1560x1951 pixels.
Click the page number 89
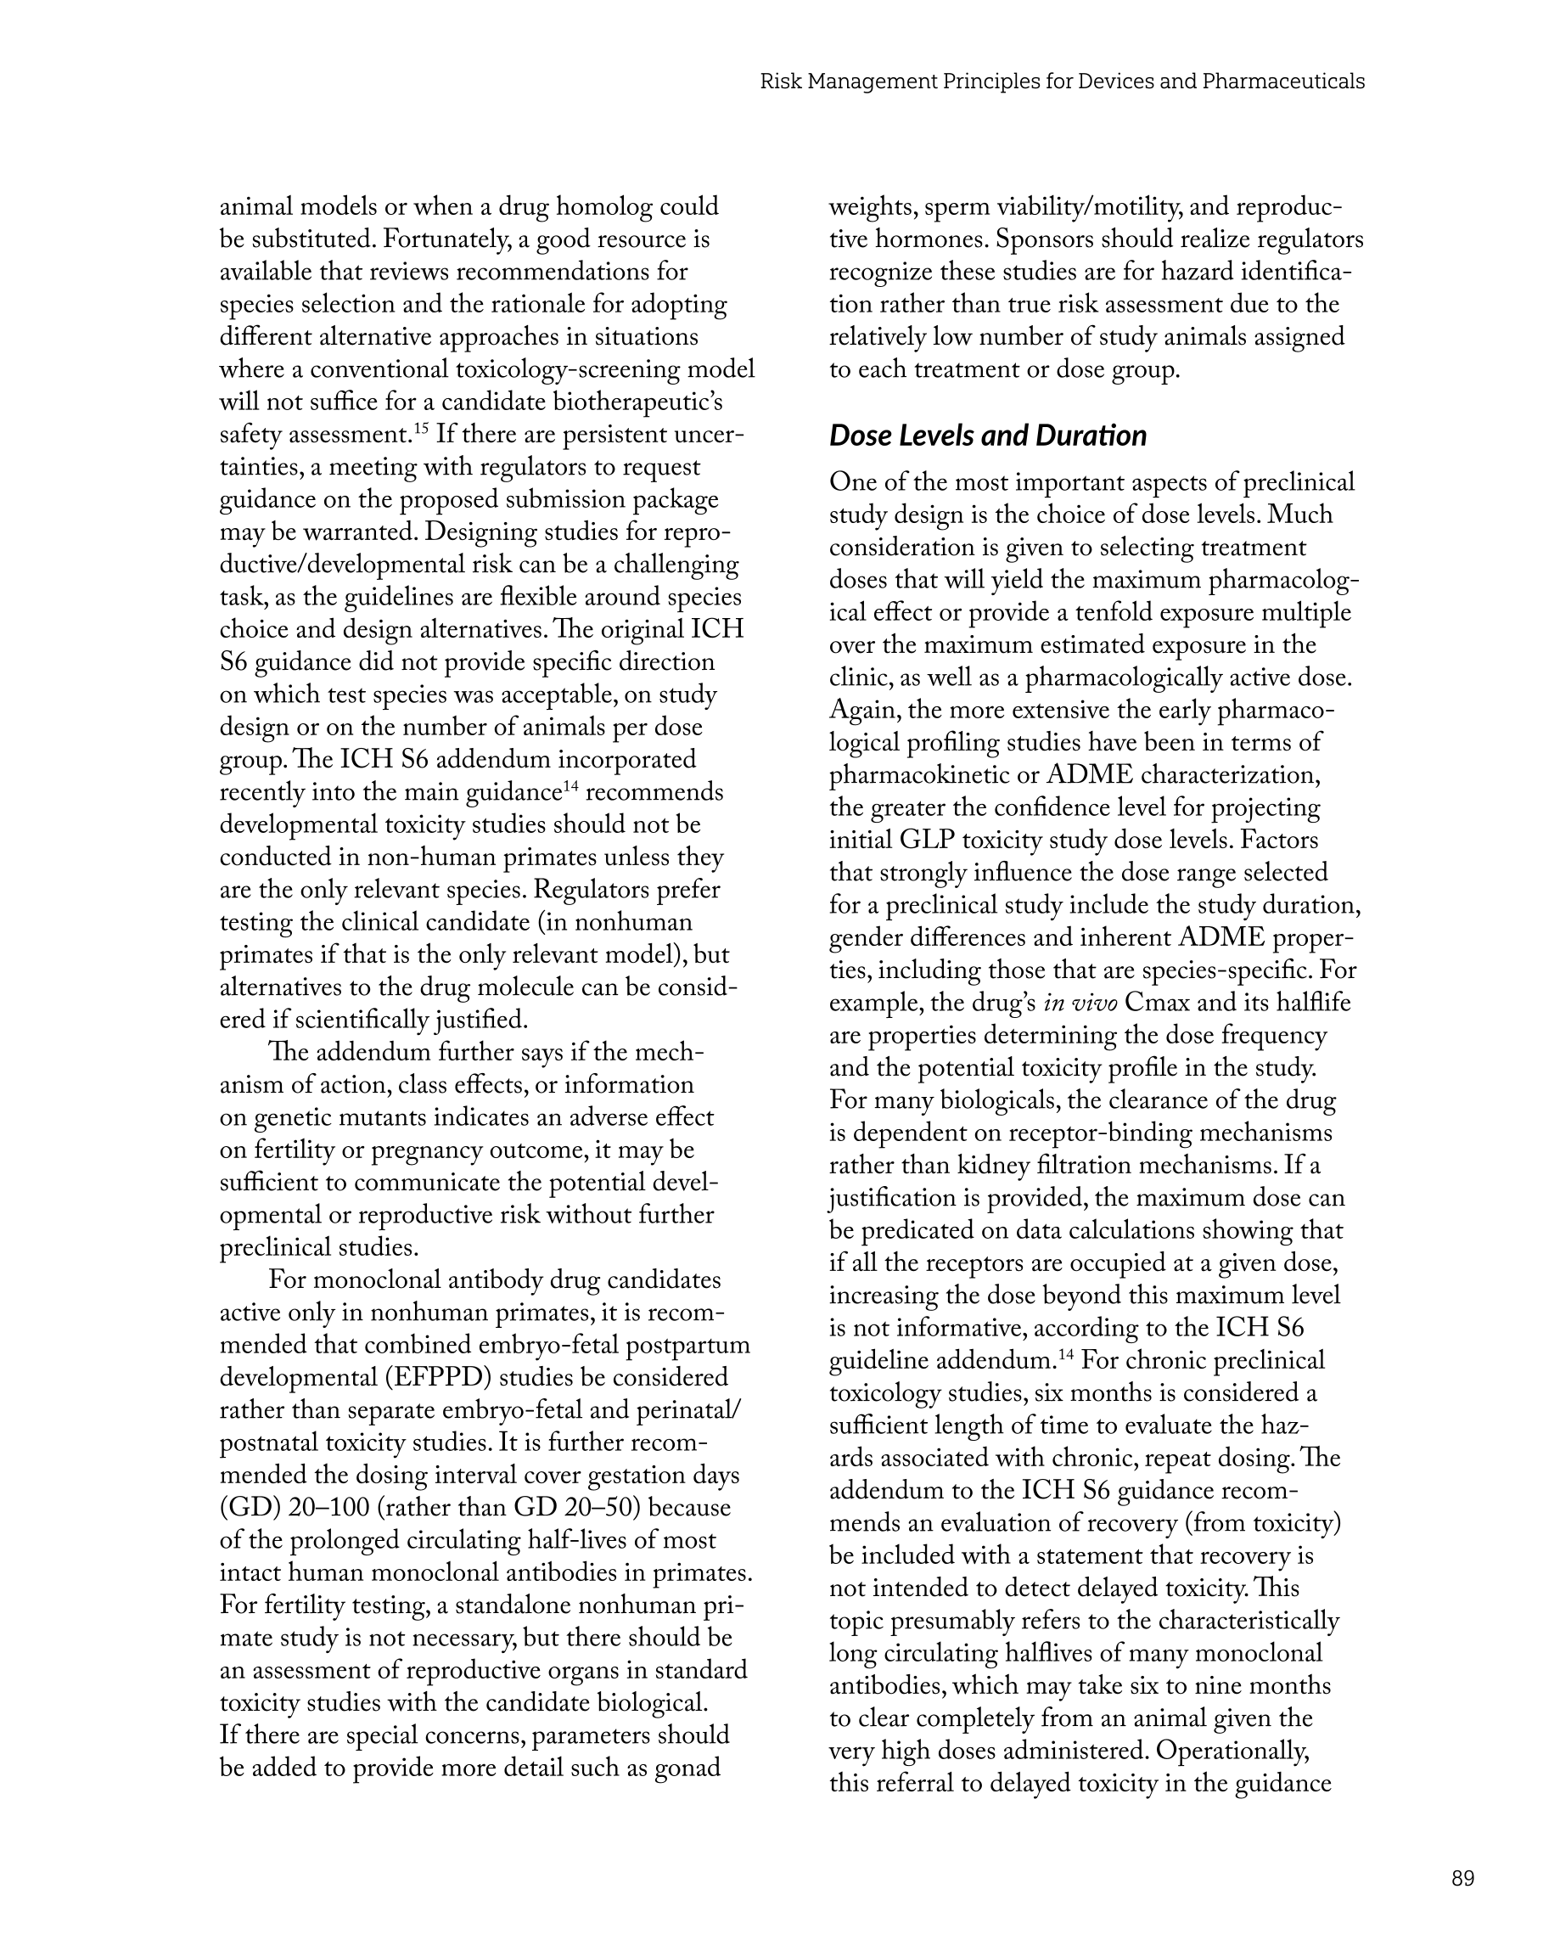(x=1462, y=1878)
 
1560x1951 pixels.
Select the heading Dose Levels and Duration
(x=987, y=436)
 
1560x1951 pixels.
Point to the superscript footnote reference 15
(x=421, y=427)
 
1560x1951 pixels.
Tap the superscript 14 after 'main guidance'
(x=571, y=785)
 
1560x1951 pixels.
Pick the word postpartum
(x=687, y=1345)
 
